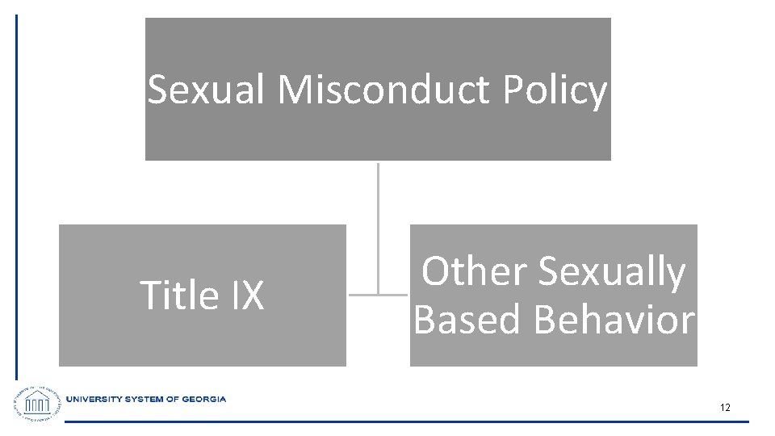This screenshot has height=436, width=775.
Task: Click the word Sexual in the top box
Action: click(x=207, y=90)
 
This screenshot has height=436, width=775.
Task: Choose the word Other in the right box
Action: click(x=474, y=271)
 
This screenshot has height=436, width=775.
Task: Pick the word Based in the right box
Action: click(x=468, y=319)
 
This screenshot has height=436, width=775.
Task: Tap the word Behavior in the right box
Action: click(x=614, y=319)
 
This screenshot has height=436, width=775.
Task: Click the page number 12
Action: click(x=725, y=408)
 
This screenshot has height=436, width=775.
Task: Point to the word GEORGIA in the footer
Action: click(x=204, y=399)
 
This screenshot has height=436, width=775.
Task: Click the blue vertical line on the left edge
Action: click(x=16, y=194)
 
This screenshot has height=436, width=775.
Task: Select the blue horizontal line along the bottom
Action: click(x=404, y=421)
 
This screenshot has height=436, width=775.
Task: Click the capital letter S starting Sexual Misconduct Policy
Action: click(x=157, y=90)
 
